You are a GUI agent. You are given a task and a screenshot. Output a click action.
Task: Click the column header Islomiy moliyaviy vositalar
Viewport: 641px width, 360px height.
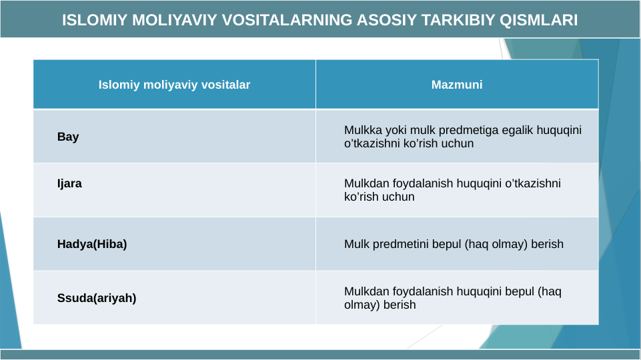[x=174, y=85]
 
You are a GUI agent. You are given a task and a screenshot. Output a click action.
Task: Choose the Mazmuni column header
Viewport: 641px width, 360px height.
[x=457, y=85]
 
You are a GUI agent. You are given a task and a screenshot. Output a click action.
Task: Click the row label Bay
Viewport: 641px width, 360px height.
[x=68, y=137]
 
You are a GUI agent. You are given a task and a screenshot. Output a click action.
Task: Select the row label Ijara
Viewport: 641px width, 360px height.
[x=69, y=183]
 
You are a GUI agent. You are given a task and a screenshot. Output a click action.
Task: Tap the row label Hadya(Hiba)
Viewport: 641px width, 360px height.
[x=92, y=244]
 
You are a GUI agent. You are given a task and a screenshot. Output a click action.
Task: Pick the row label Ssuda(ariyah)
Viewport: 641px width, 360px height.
[x=97, y=298]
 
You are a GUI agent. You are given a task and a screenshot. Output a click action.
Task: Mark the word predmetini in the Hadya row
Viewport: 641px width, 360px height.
[x=400, y=244]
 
